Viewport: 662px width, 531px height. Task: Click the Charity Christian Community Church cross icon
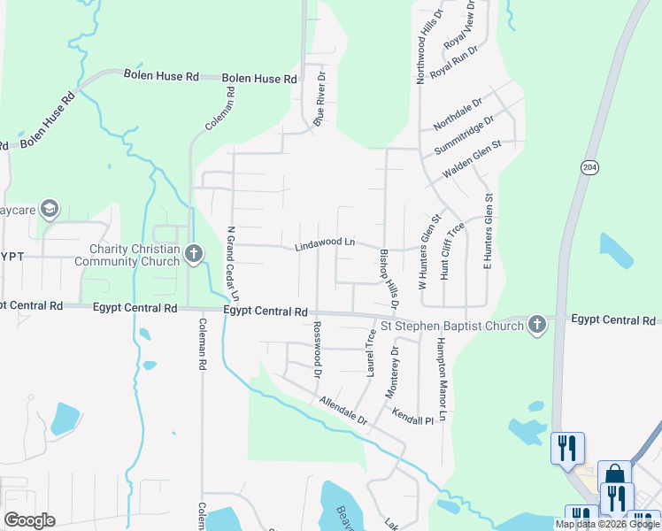[x=195, y=255]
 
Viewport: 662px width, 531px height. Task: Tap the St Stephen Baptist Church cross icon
[x=535, y=325]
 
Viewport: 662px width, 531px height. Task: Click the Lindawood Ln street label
[x=325, y=242]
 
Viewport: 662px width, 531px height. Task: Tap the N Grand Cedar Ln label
[x=234, y=265]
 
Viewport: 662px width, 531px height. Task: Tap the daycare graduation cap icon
[x=50, y=210]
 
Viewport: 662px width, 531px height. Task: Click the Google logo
[x=29, y=519]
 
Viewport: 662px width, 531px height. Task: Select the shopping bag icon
[x=614, y=476]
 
